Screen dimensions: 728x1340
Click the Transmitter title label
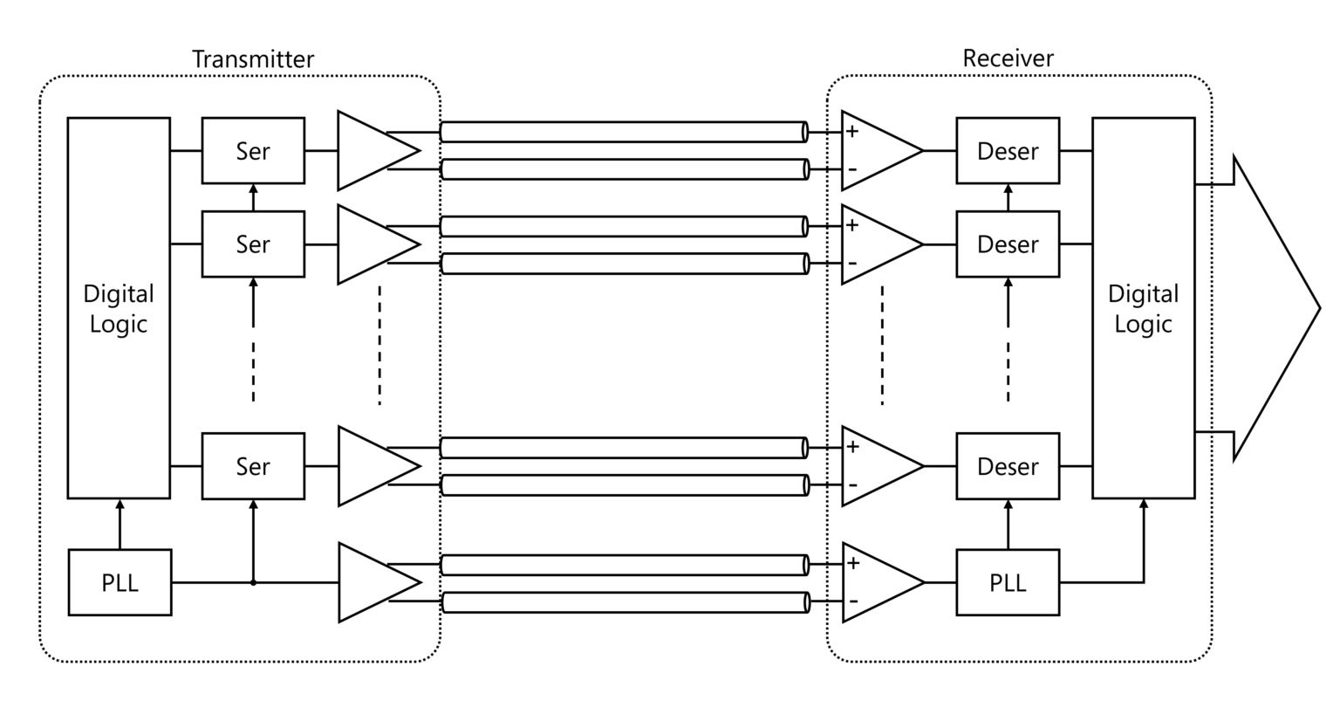252,59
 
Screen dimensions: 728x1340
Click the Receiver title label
1008,58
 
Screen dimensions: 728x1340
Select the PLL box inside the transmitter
120,582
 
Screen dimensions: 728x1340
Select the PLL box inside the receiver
1008,582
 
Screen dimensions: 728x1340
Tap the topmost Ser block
253,151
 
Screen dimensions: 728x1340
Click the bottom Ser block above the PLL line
253,466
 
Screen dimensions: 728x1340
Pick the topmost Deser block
1008,151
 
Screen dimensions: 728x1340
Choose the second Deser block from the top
1008,244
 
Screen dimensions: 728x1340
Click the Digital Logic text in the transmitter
119,309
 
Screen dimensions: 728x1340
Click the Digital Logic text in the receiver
1143,309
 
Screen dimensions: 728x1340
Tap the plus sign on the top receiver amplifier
852,132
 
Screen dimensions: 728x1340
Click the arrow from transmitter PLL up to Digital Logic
120,524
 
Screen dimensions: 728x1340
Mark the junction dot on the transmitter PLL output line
253,582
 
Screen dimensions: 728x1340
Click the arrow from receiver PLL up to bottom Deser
1008,524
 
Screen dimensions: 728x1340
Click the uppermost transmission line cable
623,133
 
